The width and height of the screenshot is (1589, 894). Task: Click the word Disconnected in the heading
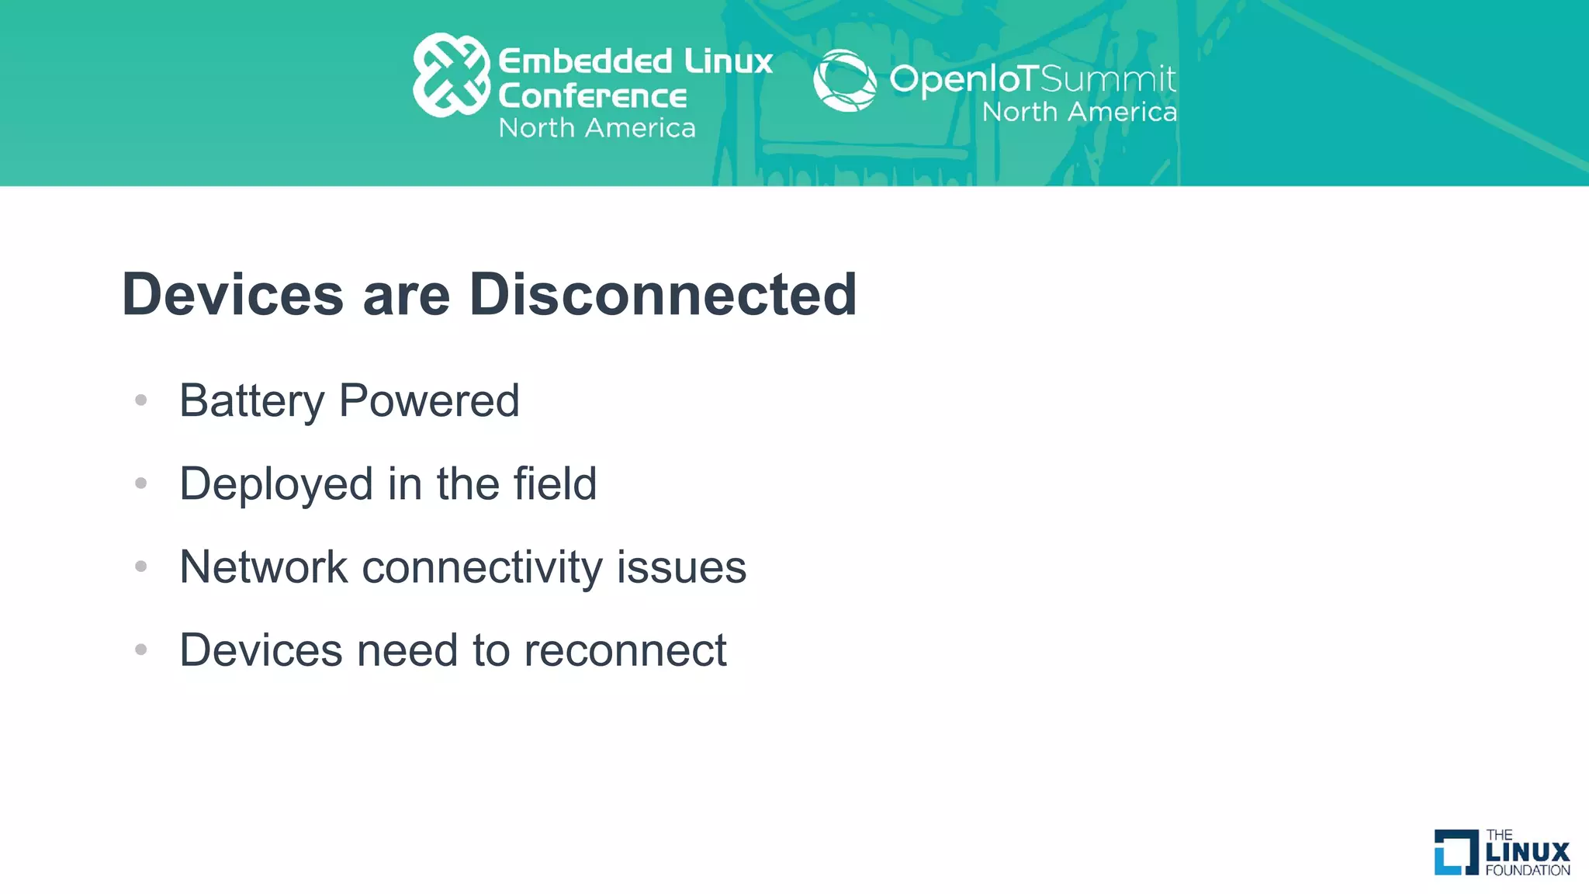click(663, 295)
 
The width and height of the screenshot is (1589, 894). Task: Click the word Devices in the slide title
click(233, 295)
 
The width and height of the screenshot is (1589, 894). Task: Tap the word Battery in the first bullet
click(252, 401)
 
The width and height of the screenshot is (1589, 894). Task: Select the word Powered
click(429, 401)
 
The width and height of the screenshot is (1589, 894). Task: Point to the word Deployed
click(276, 484)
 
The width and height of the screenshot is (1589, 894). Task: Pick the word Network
click(264, 567)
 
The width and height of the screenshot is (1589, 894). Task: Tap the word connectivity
click(482, 567)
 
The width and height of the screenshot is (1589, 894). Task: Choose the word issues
click(681, 567)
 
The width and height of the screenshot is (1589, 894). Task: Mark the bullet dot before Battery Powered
click(140, 400)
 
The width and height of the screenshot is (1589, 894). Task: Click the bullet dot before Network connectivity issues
click(140, 567)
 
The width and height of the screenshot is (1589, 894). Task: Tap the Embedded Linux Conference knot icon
click(451, 74)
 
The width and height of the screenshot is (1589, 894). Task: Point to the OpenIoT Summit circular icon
click(844, 80)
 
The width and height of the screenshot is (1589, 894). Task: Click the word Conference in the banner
click(592, 96)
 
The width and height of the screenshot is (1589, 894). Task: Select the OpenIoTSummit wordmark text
click(1032, 78)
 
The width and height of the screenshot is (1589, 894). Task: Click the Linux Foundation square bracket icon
click(1456, 852)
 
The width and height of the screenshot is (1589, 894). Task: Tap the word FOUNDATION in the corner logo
click(1527, 871)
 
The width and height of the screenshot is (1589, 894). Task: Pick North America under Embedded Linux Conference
click(597, 128)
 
